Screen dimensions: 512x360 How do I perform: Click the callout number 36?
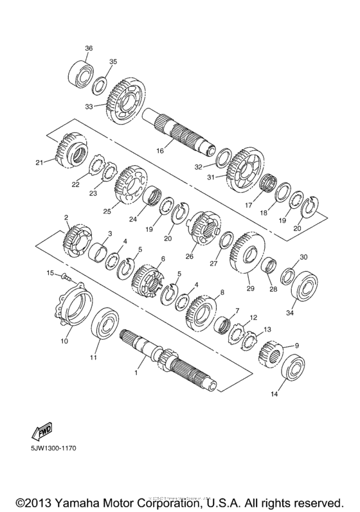[x=89, y=48]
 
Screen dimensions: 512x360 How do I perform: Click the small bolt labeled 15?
[x=65, y=277]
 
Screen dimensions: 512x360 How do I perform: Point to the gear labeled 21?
[x=70, y=152]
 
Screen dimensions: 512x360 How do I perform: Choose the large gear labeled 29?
[x=246, y=256]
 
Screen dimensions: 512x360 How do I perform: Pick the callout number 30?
[x=304, y=257]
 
